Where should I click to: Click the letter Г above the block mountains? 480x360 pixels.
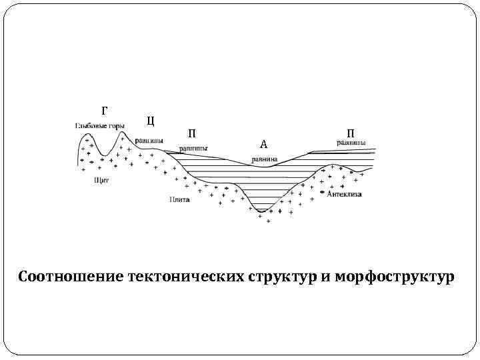click(x=104, y=110)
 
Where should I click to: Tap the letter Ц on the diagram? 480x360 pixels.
click(x=150, y=121)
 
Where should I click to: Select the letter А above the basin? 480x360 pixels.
click(x=263, y=144)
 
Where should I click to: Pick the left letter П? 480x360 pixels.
click(x=192, y=133)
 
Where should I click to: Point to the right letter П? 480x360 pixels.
click(x=350, y=133)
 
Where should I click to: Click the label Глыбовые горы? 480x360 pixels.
click(x=99, y=125)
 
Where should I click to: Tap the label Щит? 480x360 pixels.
click(x=102, y=179)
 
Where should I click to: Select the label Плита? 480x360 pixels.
click(x=179, y=199)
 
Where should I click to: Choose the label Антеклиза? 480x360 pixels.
click(x=344, y=194)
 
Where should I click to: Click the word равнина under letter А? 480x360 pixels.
click(x=265, y=159)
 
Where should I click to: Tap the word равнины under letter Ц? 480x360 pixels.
click(x=149, y=141)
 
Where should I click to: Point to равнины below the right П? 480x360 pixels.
click(x=350, y=143)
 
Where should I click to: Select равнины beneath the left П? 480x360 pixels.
click(x=193, y=149)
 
